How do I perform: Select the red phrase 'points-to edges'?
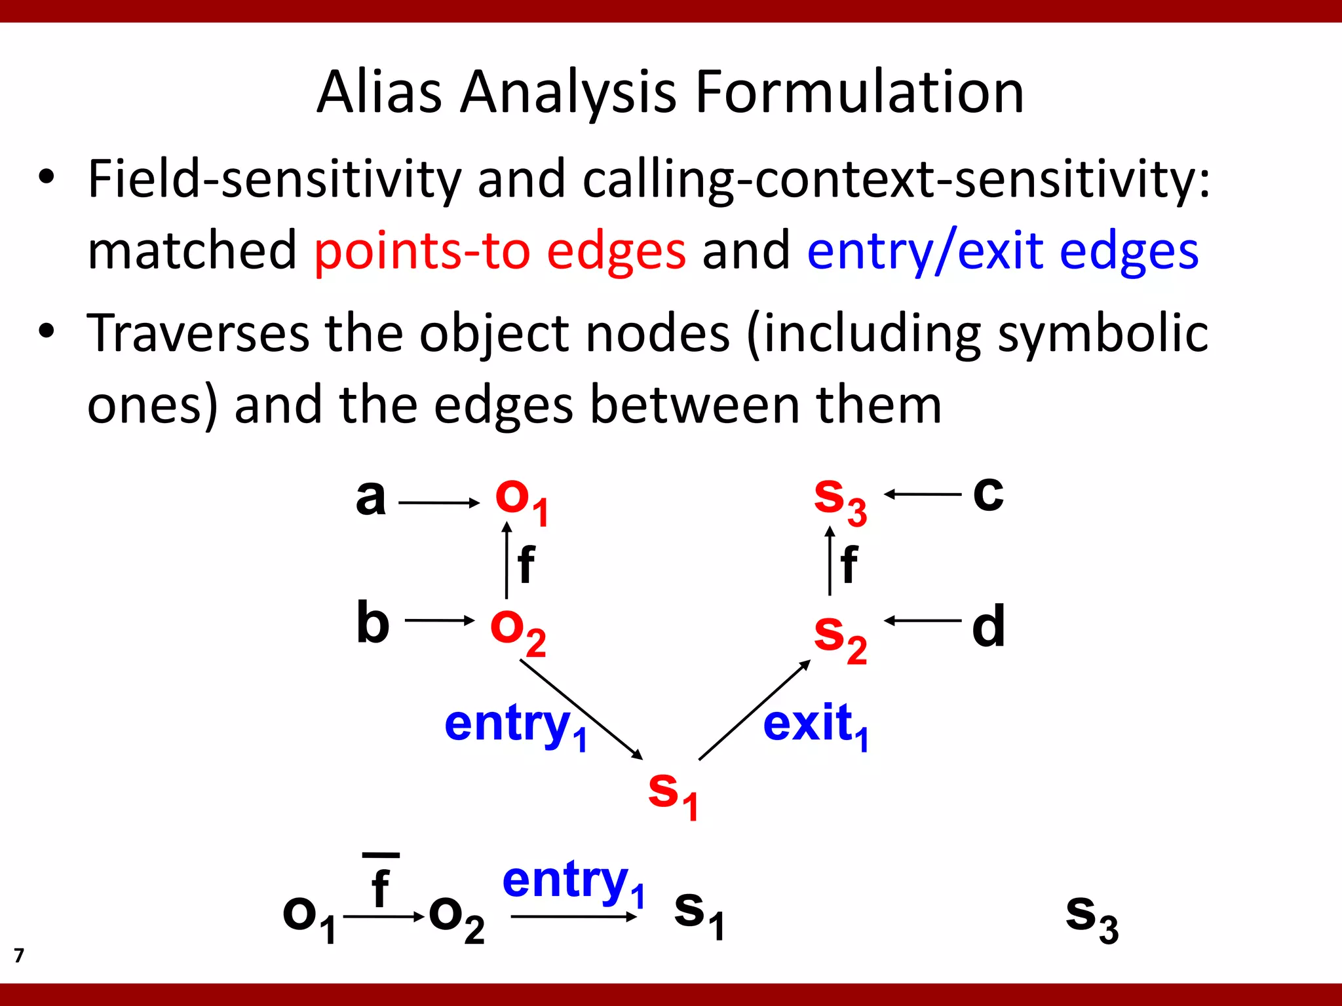tap(500, 251)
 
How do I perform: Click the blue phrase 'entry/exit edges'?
tap(1003, 251)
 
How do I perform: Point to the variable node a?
tap(370, 498)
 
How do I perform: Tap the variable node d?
tap(988, 626)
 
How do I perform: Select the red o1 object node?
tap(522, 501)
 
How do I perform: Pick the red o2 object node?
tap(518, 631)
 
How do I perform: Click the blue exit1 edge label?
tap(816, 726)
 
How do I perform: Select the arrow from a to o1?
tap(439, 503)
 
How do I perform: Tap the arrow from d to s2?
tap(923, 620)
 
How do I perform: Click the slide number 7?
tap(19, 956)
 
